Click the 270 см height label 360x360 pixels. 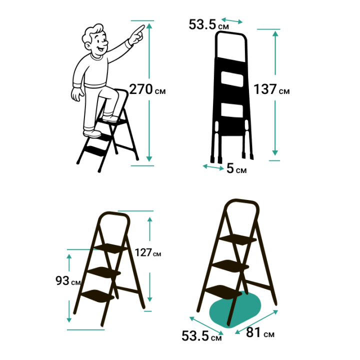pyautogui.click(x=147, y=89)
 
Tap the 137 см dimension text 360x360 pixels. pyautogui.click(x=271, y=89)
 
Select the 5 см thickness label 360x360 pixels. pyautogui.click(x=236, y=168)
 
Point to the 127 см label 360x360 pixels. pyautogui.click(x=148, y=252)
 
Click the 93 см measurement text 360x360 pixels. pyautogui.click(x=68, y=280)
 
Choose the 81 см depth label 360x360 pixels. pyautogui.click(x=260, y=332)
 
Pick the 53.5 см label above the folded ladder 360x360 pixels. pyautogui.click(x=208, y=24)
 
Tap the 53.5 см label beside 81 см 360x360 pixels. pyautogui.click(x=201, y=336)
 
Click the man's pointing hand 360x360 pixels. pyautogui.click(x=137, y=35)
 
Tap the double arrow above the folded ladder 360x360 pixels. pyautogui.click(x=232, y=20)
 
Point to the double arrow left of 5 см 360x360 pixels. pyautogui.click(x=213, y=167)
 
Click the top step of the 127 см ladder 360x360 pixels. pyautogui.click(x=111, y=248)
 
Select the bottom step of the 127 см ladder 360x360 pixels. pyautogui.click(x=98, y=296)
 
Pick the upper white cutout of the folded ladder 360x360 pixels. pyautogui.click(x=232, y=79)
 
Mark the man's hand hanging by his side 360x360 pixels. pyautogui.click(x=77, y=94)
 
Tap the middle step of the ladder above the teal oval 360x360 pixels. pyautogui.click(x=230, y=266)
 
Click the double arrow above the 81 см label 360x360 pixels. pyautogui.click(x=256, y=322)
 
